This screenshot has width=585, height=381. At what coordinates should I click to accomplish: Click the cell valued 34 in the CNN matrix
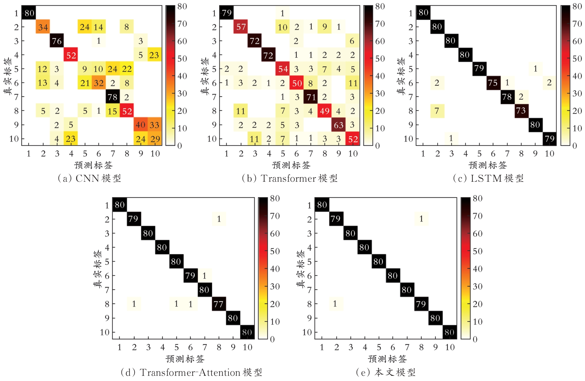click(43, 27)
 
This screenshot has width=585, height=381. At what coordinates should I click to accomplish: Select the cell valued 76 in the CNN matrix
click(57, 41)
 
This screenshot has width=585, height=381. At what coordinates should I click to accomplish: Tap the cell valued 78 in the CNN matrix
click(113, 97)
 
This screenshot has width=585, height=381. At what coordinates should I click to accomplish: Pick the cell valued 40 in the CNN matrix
click(141, 125)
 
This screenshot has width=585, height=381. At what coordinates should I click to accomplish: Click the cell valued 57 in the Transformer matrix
click(241, 27)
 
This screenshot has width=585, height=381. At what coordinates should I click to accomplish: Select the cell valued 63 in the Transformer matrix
click(339, 125)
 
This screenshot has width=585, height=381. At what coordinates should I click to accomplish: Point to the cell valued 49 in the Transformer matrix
click(325, 111)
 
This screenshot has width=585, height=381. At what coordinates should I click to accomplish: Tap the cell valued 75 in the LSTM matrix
click(493, 83)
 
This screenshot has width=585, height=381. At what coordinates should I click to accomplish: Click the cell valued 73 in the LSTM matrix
click(521, 110)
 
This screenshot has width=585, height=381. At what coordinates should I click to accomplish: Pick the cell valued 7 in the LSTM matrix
click(437, 111)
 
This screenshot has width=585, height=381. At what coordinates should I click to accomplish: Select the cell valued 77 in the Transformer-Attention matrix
click(219, 304)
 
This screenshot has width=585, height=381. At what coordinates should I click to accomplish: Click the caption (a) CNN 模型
click(89, 179)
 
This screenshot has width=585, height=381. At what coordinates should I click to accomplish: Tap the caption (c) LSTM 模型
click(488, 179)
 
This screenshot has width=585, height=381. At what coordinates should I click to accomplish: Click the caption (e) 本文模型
click(386, 373)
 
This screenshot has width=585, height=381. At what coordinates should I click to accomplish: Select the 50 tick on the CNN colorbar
click(182, 59)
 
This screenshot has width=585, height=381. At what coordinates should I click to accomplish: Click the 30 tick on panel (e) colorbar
click(478, 286)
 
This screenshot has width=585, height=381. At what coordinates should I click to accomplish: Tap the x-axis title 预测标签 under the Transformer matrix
click(291, 165)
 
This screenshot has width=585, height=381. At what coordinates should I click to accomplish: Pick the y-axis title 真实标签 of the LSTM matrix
click(401, 76)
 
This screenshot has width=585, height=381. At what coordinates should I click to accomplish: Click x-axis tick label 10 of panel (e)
click(450, 347)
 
